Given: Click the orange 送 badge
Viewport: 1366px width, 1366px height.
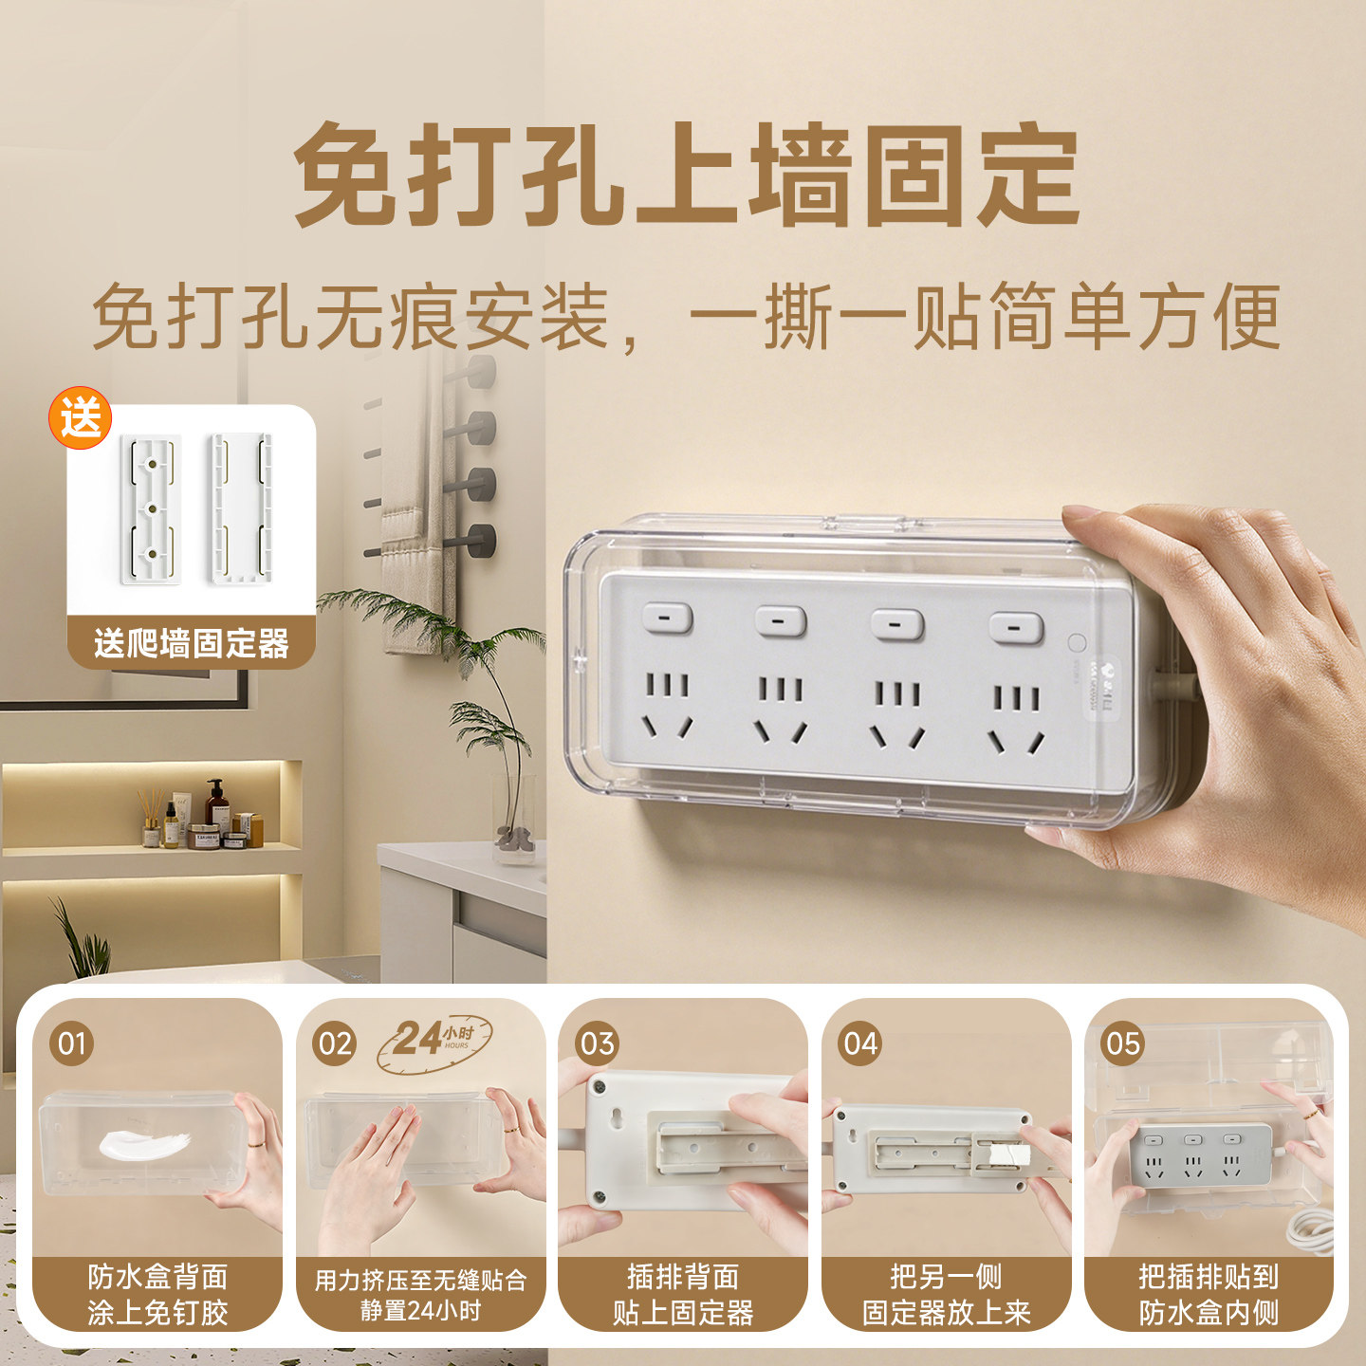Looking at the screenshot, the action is (x=80, y=417).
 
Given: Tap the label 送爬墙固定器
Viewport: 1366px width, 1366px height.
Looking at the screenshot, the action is (x=192, y=643).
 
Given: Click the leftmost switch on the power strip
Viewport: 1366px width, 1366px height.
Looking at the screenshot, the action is (x=667, y=618).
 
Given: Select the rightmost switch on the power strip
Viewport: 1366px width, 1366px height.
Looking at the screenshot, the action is (x=1017, y=629).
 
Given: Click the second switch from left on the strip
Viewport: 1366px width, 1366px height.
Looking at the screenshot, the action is (x=781, y=621).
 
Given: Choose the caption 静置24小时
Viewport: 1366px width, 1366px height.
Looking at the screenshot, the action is (x=421, y=1311).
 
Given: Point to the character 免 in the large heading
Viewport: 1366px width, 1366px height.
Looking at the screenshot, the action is (x=346, y=175).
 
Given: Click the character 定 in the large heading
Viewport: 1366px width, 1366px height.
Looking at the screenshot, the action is (x=1028, y=175).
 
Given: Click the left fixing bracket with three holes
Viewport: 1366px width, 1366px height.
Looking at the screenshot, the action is (x=151, y=509).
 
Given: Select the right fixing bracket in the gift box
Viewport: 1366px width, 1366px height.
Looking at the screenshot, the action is (x=242, y=509).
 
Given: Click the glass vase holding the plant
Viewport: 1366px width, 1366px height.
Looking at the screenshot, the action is (x=515, y=818).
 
